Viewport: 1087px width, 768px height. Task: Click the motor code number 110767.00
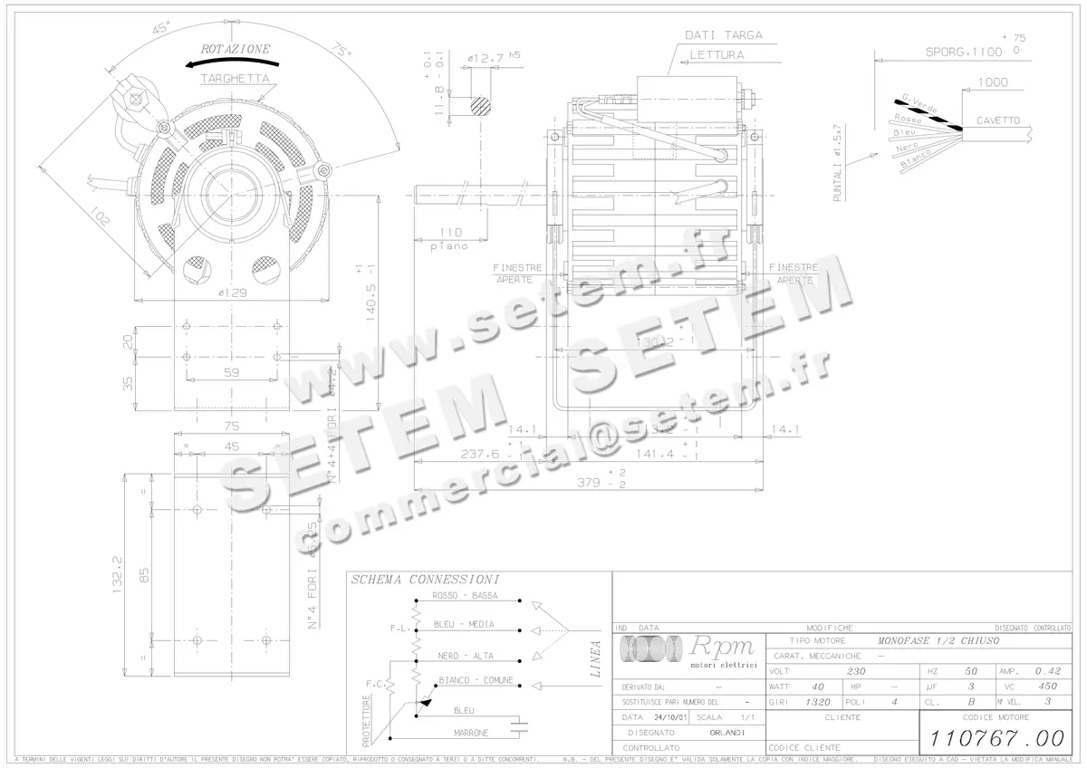pyautogui.click(x=997, y=738)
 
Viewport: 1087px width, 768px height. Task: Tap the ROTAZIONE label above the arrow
pyautogui.click(x=236, y=49)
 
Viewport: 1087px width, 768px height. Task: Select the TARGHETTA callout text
pyautogui.click(x=235, y=79)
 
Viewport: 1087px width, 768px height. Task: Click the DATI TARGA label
pyautogui.click(x=724, y=35)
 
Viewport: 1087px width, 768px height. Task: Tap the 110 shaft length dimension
pyautogui.click(x=450, y=233)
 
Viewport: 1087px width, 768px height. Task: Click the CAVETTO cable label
pyautogui.click(x=997, y=120)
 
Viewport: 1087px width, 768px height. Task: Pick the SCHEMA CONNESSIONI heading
pyautogui.click(x=425, y=580)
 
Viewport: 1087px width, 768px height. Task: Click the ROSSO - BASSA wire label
pyautogui.click(x=465, y=595)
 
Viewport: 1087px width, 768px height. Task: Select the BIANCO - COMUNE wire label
pyautogui.click(x=476, y=680)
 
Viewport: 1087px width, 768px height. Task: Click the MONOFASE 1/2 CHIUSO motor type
pyautogui.click(x=938, y=640)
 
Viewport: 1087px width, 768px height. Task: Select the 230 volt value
pyautogui.click(x=855, y=672)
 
